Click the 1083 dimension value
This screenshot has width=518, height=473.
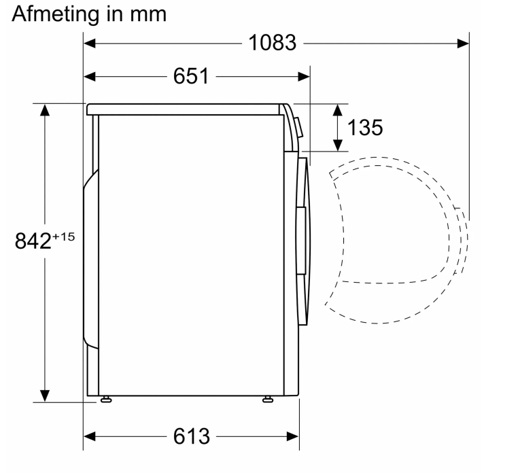click(272, 43)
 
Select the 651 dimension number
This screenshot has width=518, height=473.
click(191, 76)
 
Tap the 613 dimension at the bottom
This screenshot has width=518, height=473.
click(192, 436)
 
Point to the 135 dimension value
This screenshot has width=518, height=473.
click(365, 128)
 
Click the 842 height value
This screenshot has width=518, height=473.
click(33, 241)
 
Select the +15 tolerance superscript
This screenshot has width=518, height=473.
click(64, 236)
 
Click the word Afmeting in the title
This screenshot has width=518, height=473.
click(56, 15)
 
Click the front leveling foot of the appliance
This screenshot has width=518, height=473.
click(268, 400)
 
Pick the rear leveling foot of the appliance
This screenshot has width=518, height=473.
click(106, 400)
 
